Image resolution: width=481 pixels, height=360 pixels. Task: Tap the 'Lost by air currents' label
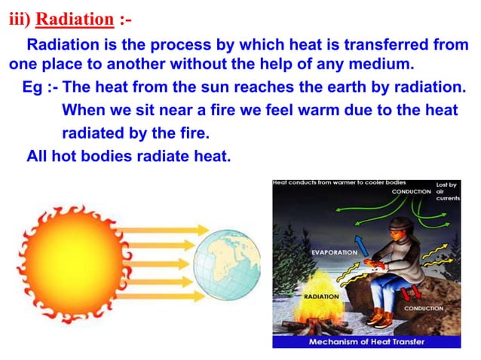tap(447, 191)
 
